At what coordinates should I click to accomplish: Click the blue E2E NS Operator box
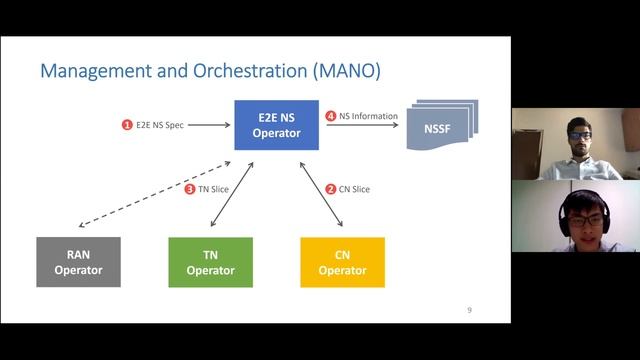[x=269, y=125]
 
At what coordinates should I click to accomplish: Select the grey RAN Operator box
[x=78, y=262]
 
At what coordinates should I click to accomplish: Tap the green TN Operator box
[x=210, y=262]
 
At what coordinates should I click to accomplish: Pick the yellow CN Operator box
[x=342, y=262]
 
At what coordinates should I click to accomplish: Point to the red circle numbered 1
[x=127, y=125]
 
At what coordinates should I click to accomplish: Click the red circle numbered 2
[x=331, y=189]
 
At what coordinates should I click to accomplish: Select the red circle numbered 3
[x=190, y=189]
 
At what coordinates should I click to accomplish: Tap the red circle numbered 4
[x=330, y=116]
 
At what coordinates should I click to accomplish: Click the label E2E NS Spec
[x=159, y=125]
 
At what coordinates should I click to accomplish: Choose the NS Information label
[x=368, y=116]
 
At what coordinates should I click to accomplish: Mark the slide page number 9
[x=469, y=311]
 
